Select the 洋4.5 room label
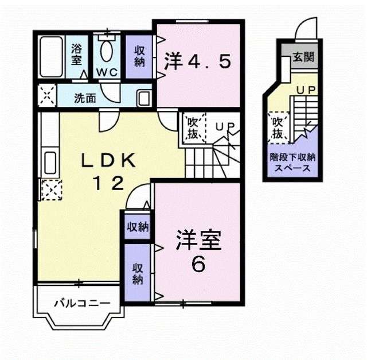[198, 61]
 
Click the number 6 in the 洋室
[198, 264]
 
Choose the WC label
[107, 73]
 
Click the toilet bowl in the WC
[107, 51]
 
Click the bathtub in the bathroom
[52, 57]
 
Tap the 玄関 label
[303, 57]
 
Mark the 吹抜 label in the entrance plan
[278, 128]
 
